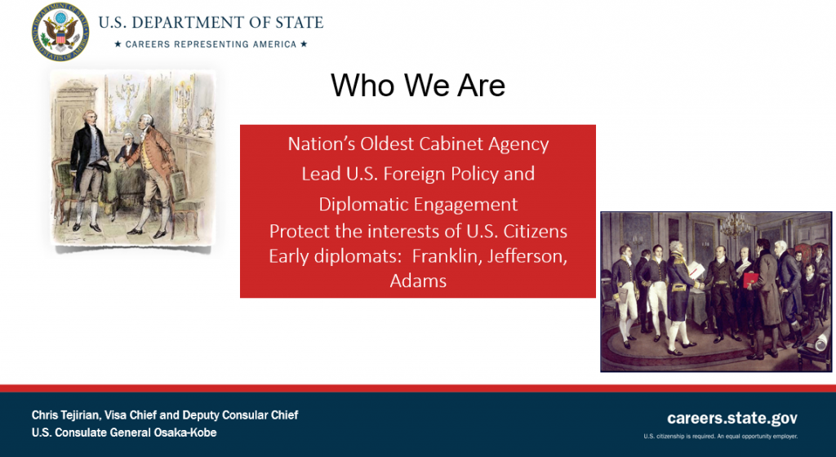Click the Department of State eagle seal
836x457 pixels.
click(x=60, y=32)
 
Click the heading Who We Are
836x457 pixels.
click(x=418, y=85)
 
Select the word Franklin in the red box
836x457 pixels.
click(x=445, y=256)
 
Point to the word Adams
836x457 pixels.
click(x=418, y=281)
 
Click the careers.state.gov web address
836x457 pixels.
click(x=732, y=418)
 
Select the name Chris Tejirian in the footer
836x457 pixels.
click(x=65, y=415)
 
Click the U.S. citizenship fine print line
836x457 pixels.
click(x=720, y=437)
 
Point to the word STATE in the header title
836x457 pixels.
click(x=300, y=22)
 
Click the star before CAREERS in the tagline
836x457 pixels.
click(x=118, y=44)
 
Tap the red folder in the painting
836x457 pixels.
click(x=751, y=279)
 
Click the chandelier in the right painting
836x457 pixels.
click(x=736, y=225)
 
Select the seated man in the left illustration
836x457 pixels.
click(x=127, y=149)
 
